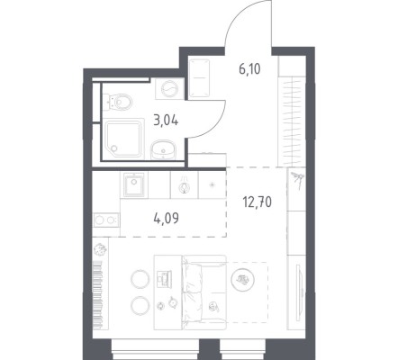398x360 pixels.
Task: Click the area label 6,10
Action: [x=249, y=69]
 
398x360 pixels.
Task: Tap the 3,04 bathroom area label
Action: [x=166, y=121]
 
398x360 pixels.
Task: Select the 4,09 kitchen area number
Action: [x=166, y=219]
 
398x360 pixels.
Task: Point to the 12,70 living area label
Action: [x=258, y=202]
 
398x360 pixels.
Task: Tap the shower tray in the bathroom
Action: [x=123, y=139]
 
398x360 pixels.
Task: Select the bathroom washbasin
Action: [x=162, y=150]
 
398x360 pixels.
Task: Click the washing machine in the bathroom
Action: [x=169, y=88]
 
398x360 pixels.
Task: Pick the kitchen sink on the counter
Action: [x=134, y=185]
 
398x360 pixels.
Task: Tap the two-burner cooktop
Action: [x=106, y=220]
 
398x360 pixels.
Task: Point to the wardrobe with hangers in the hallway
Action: [x=292, y=121]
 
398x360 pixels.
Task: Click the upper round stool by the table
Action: [x=140, y=279]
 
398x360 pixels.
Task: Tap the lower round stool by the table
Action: [x=140, y=305]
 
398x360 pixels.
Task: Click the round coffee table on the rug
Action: [x=243, y=280]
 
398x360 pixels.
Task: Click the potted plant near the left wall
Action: [x=100, y=249]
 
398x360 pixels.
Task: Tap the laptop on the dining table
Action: [x=164, y=277]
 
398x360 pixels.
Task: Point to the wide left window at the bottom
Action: [x=155, y=349]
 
